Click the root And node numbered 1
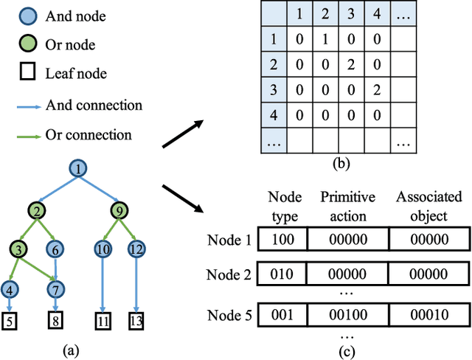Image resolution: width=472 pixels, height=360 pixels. tap(77, 170)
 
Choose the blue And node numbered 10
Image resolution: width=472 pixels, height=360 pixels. tap(103, 249)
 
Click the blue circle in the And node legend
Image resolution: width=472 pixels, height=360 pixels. tap(25, 15)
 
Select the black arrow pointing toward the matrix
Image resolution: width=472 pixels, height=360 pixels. tap(184, 128)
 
